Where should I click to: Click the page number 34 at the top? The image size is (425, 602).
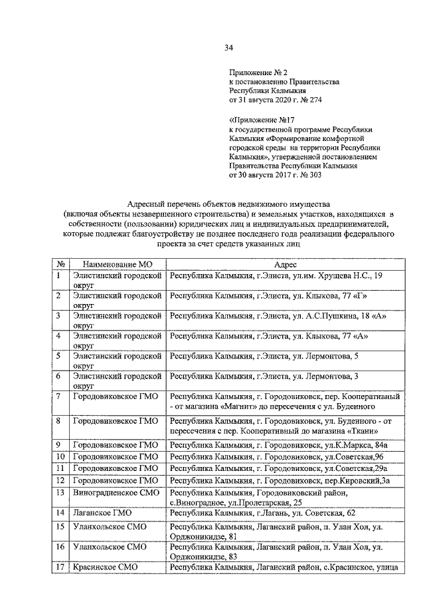click(228, 47)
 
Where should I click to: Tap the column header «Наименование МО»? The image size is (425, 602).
click(117, 263)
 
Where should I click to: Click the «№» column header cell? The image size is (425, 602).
click(60, 263)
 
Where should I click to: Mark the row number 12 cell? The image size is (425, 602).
click(60, 480)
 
